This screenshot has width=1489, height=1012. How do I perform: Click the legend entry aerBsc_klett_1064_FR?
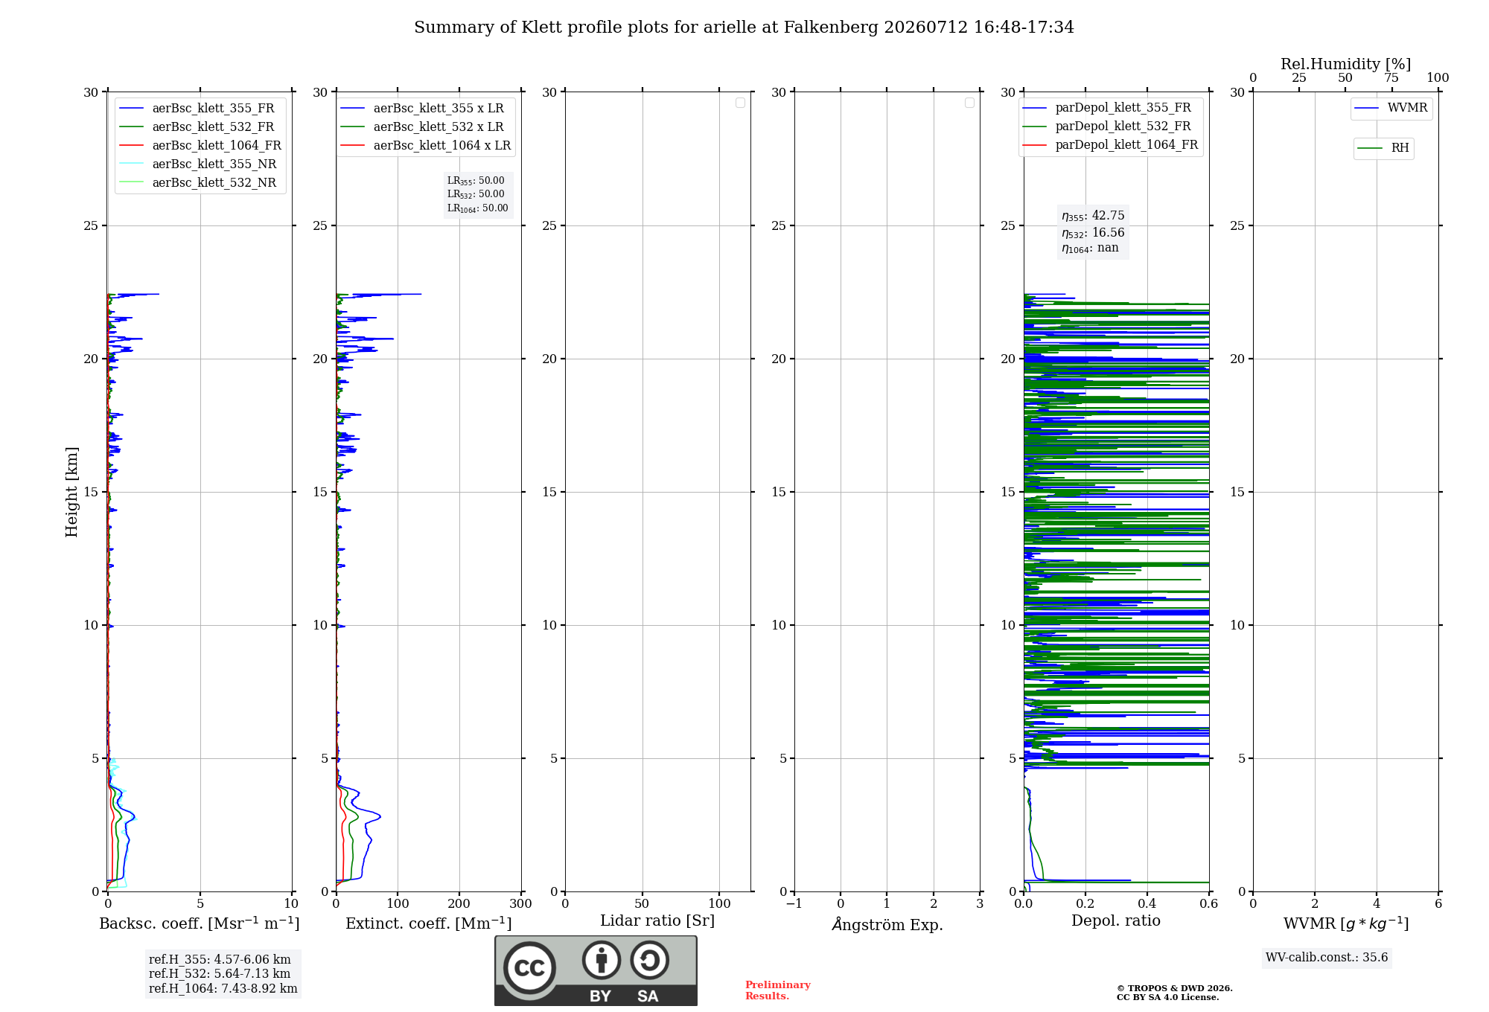(x=200, y=146)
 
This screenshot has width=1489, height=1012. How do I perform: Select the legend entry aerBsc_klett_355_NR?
(x=198, y=164)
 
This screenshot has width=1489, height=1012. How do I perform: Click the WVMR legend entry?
(x=1391, y=108)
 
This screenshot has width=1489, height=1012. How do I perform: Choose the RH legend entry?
(x=1383, y=148)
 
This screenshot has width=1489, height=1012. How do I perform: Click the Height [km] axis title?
(x=71, y=492)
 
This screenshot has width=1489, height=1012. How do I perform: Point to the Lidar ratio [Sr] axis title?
(x=657, y=921)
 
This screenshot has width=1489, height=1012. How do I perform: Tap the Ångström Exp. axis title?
(x=887, y=924)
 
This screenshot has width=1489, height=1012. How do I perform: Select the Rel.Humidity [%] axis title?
(x=1345, y=64)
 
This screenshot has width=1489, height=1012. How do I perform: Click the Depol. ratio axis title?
(x=1116, y=920)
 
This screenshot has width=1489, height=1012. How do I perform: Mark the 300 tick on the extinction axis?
(x=521, y=904)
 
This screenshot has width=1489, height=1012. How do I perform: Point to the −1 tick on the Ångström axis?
(x=794, y=904)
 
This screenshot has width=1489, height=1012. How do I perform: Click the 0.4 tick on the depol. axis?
(x=1147, y=904)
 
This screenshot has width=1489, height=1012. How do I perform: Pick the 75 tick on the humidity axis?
(x=1391, y=78)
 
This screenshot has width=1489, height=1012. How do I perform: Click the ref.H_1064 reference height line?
(x=223, y=989)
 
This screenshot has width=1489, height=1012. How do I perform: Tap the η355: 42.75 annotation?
(x=1093, y=216)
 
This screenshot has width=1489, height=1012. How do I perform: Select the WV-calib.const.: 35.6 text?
(x=1327, y=958)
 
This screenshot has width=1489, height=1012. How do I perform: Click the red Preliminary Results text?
(x=778, y=990)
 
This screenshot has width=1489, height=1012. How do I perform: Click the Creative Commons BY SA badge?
(x=596, y=971)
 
